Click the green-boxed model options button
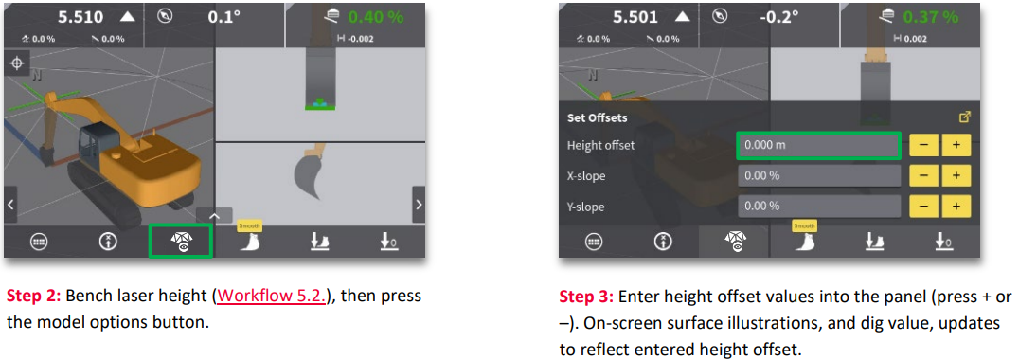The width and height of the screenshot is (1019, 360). coord(181,241)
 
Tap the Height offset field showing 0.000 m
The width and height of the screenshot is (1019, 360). coord(818,145)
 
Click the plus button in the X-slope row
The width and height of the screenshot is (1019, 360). coord(956,175)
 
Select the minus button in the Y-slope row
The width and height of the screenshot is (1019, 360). coord(923,207)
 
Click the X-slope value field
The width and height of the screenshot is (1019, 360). coord(819,175)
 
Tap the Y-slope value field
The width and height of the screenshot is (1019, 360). coord(819,207)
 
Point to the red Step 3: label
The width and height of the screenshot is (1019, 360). coord(584,297)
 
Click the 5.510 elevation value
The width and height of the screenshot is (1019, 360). coord(80,18)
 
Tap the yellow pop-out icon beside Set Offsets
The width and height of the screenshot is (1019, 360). coord(965,117)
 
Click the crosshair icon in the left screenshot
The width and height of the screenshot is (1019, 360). coord(16,63)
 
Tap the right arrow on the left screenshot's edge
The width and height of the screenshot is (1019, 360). coord(419,204)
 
